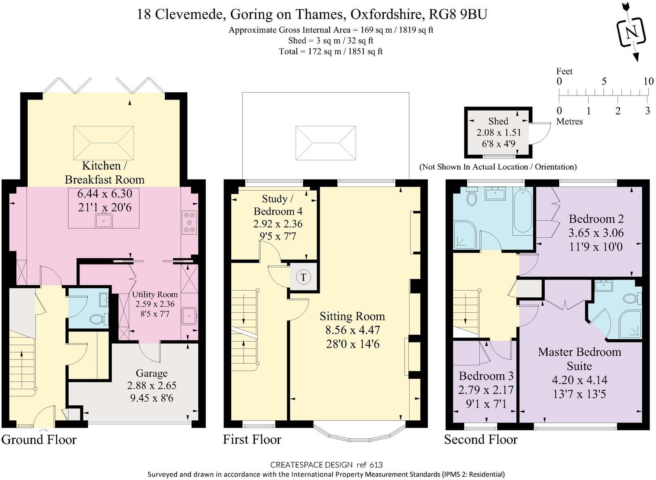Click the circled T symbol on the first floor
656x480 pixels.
point(303,277)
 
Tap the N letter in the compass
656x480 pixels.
point(632,32)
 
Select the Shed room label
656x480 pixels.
point(498,121)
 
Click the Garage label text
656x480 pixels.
point(152,373)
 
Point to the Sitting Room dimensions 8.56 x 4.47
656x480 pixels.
point(352,330)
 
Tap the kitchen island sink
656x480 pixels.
point(104,221)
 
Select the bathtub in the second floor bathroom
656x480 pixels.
point(523,211)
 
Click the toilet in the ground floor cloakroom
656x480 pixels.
point(99,318)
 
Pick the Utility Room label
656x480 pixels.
point(155,294)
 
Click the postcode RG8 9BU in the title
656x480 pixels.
point(458,14)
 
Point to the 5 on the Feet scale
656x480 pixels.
point(604,81)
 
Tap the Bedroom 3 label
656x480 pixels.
point(486,376)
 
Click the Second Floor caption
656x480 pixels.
point(481,440)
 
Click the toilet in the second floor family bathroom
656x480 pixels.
point(472,196)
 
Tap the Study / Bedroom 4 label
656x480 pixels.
point(278,205)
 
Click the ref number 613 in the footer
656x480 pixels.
point(376,465)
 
